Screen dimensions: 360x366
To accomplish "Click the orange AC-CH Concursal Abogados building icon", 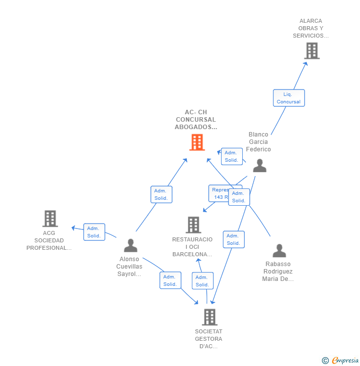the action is click(197, 142).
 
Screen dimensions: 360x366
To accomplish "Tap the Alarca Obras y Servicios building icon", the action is click(312, 51).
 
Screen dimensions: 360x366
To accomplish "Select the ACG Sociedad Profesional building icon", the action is click(50, 219).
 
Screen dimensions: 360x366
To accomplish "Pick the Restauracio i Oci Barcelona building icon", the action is click(193, 225).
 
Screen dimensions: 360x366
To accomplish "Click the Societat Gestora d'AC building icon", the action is click(210, 317).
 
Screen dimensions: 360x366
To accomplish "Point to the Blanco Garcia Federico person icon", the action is click(260, 166).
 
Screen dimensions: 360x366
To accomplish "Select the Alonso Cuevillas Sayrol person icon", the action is click(131, 245).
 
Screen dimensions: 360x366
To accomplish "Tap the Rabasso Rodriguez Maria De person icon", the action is click(279, 251).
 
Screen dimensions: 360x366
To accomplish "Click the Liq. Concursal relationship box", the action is click(288, 98).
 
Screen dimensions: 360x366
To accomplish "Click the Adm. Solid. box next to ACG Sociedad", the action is click(94, 232).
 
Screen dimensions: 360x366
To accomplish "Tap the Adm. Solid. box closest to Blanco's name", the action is click(231, 156).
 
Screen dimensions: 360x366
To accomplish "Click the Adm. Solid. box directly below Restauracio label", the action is click(202, 281).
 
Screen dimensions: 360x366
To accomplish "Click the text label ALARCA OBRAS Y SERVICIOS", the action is click(311, 28).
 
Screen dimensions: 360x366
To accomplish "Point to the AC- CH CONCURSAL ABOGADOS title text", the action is click(196, 120).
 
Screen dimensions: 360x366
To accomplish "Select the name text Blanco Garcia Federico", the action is click(259, 142).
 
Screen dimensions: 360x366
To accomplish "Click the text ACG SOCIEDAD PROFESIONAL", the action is click(49, 240).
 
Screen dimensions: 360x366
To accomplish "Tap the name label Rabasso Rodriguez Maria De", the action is click(277, 271).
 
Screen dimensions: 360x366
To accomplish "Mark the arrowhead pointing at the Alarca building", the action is click(306, 63).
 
